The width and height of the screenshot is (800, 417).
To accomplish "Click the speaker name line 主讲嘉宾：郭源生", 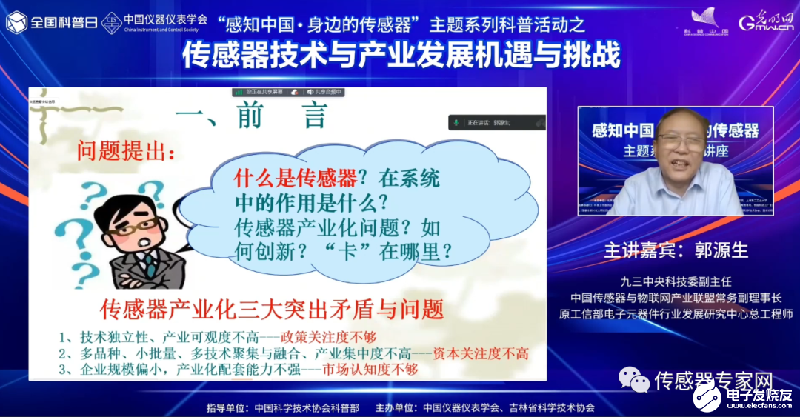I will pos(676,250).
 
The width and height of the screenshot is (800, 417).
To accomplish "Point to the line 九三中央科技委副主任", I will pos(676,281).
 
